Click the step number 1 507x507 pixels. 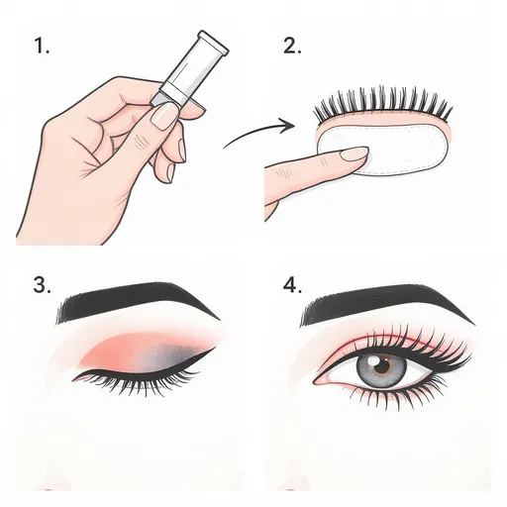42,46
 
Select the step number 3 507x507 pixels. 42,284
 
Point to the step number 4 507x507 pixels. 292,284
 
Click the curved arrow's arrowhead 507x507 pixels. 289,126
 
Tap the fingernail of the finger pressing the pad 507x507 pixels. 355,153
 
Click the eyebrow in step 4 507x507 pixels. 386,304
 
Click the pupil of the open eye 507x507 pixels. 383,365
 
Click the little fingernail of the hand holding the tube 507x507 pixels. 170,171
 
